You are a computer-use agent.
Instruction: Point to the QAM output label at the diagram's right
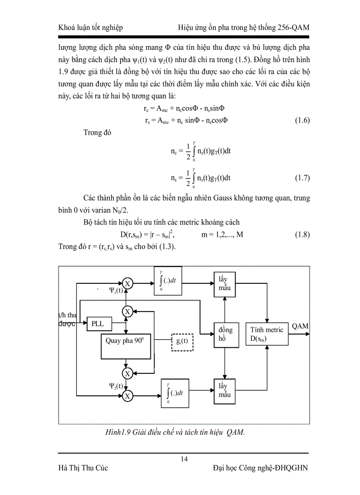coord(300,326)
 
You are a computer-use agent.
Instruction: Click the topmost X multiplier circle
coord(127,283)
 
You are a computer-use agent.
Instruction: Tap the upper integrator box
coord(170,281)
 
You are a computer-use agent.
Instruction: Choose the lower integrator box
coord(170,392)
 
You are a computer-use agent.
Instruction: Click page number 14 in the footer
coord(184,459)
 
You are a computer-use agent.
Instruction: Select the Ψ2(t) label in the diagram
coord(116,386)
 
